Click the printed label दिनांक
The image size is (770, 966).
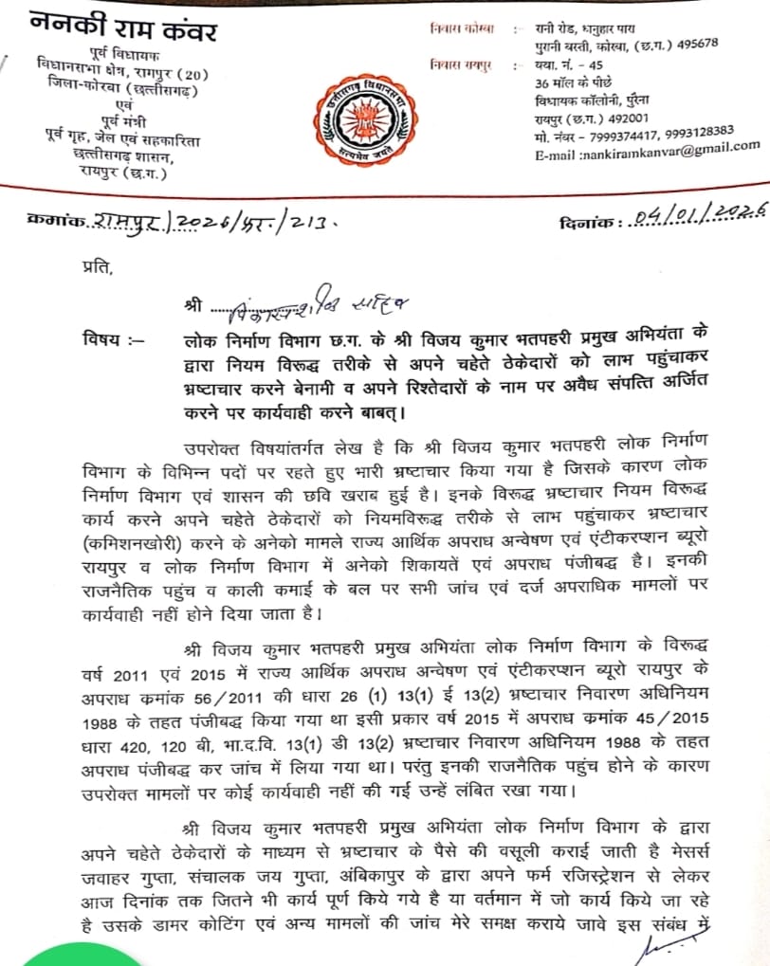click(x=585, y=224)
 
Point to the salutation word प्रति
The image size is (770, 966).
click(x=96, y=267)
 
